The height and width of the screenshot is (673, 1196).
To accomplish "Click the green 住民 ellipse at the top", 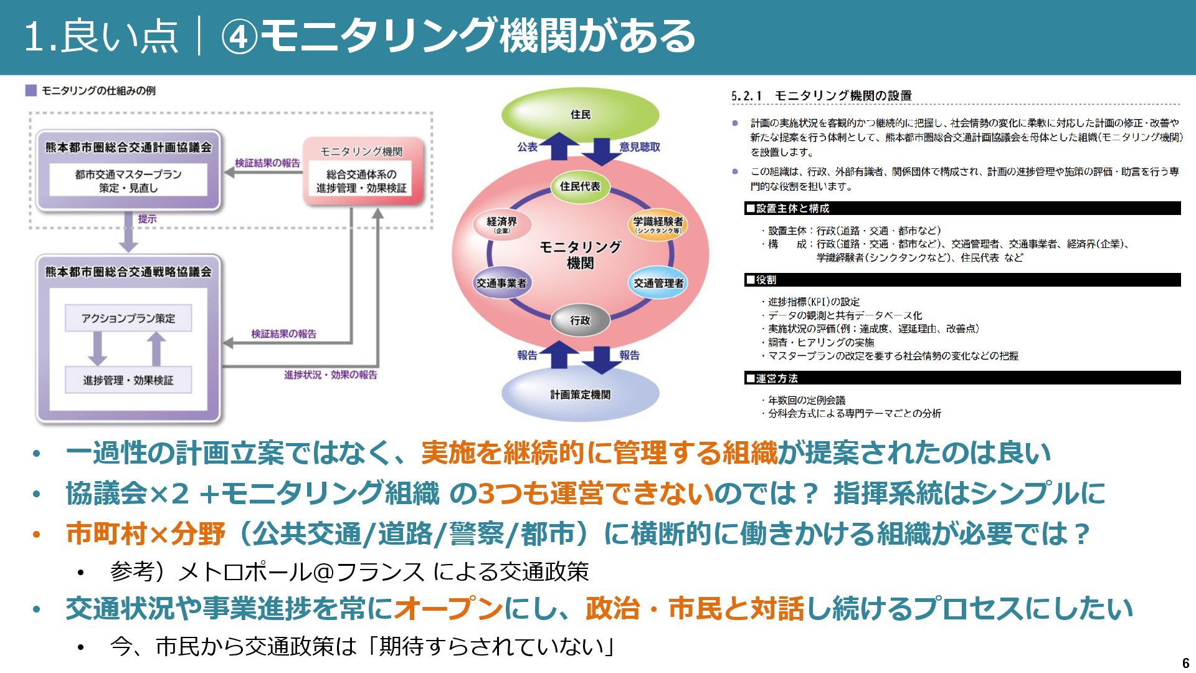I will [x=580, y=115].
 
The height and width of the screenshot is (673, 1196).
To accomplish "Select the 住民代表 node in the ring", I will [x=580, y=186].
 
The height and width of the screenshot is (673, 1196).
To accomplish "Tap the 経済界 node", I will [x=501, y=224].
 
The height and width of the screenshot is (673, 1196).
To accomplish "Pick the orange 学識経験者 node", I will [x=658, y=224].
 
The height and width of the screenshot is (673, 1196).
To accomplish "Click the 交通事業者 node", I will [x=501, y=283].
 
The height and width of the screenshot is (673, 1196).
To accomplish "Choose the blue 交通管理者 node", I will [x=658, y=283].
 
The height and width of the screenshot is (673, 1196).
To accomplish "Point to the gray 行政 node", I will [x=580, y=320].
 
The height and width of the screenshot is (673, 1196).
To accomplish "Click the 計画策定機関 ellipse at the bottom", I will [x=580, y=394].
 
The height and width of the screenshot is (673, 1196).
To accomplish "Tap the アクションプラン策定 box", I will [x=128, y=318].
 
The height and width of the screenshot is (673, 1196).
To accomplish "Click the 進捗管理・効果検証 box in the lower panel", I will [x=128, y=380].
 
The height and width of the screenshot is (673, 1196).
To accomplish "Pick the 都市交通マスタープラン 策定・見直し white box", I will [x=128, y=181].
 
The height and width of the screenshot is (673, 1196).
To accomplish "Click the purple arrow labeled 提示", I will [x=128, y=231].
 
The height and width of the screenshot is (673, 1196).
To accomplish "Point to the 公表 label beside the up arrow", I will [x=527, y=147].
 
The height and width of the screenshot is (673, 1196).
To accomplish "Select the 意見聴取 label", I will [x=640, y=147].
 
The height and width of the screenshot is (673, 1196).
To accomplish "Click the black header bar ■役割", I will [x=962, y=280].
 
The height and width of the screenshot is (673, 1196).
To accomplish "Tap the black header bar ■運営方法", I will [x=962, y=378].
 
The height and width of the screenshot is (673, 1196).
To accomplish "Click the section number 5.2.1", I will [x=746, y=96].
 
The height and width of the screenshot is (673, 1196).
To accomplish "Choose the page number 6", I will [x=1185, y=662].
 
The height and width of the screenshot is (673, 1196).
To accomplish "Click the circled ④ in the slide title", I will [x=239, y=36].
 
